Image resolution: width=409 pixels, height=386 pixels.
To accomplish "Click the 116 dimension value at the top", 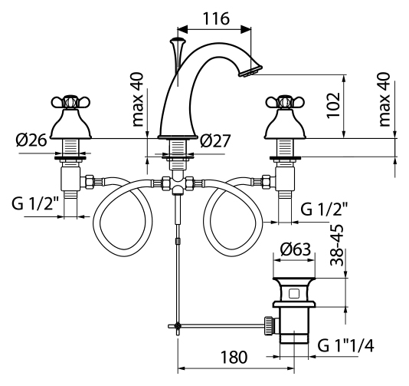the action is coord(216,18).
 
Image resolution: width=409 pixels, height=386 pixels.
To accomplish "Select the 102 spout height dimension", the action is coord(334,105).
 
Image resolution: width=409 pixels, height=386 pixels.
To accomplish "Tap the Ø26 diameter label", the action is coord(31,141).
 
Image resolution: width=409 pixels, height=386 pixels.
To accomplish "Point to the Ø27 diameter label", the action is coord(215,141).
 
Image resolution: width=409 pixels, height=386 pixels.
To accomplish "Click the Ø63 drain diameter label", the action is coord(296,249).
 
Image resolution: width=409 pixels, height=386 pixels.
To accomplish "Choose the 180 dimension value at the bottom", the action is coord(234,357).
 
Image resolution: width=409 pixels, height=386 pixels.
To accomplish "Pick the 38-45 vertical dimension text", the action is coord(337,245).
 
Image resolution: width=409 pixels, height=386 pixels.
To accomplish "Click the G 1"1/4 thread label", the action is coord(345,346).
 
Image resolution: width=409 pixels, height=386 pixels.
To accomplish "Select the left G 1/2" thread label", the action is coord(35,204).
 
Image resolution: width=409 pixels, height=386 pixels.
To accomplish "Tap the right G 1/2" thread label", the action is coord(324,209).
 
